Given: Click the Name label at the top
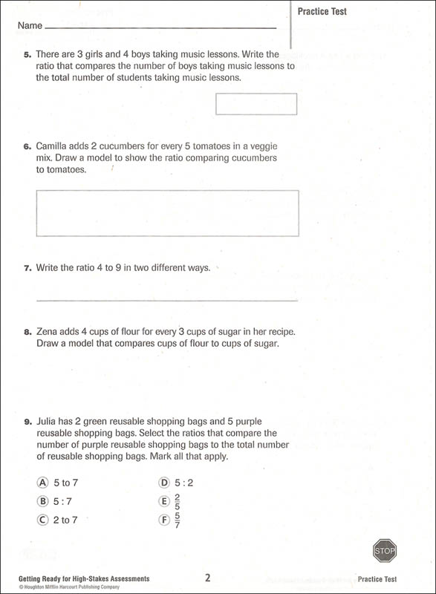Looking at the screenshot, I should tap(30, 25).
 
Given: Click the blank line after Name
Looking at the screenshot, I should tap(160, 28).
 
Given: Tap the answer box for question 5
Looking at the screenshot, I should tap(256, 104).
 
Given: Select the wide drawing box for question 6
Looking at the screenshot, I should tap(167, 213).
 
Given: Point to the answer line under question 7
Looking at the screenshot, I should tap(167, 300).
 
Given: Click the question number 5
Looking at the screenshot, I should tap(27, 54).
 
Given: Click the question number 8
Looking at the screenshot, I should tap(27, 332).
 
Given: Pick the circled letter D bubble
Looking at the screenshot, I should tap(164, 483).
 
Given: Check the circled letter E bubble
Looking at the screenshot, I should tap(164, 501).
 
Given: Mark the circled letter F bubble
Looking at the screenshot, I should tap(164, 520).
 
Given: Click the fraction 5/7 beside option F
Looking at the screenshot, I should tap(178, 520).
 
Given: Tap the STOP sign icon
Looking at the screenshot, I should tap(385, 551).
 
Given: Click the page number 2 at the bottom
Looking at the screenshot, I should tap(208, 577).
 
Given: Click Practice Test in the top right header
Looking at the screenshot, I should tap(322, 11).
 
